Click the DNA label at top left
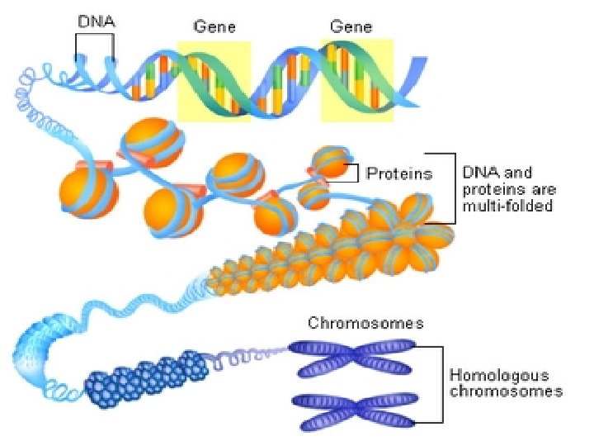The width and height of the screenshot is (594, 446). click(x=97, y=23)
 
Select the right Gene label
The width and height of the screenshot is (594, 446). click(x=351, y=26)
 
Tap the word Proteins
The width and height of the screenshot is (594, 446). click(x=399, y=173)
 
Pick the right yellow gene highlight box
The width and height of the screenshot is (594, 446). click(x=356, y=80)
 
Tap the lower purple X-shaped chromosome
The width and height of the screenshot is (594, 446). click(x=352, y=410)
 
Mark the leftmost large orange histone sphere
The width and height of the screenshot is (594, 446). click(x=88, y=192)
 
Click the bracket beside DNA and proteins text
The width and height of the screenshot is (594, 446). click(x=451, y=188)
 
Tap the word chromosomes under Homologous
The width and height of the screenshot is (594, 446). click(x=506, y=391)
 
